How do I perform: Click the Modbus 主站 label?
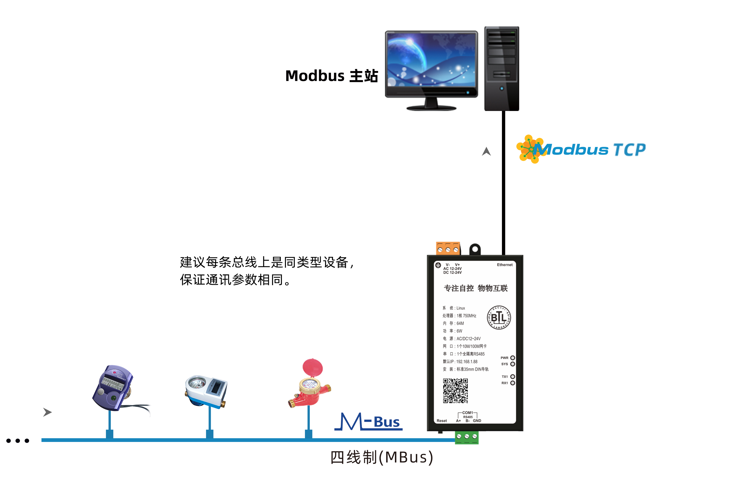pos(331,76)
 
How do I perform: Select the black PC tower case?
pos(501,69)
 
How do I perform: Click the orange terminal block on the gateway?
pos(448,248)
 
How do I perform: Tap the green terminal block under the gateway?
pos(466,437)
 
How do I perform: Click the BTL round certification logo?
pos(499,317)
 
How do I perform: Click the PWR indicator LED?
pos(513,358)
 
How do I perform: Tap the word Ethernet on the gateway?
pos(505,265)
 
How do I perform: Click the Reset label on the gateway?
pos(442,421)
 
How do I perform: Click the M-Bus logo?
pos(369,422)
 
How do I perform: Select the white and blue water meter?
pos(206,391)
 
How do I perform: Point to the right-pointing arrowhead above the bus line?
pos(47,412)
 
